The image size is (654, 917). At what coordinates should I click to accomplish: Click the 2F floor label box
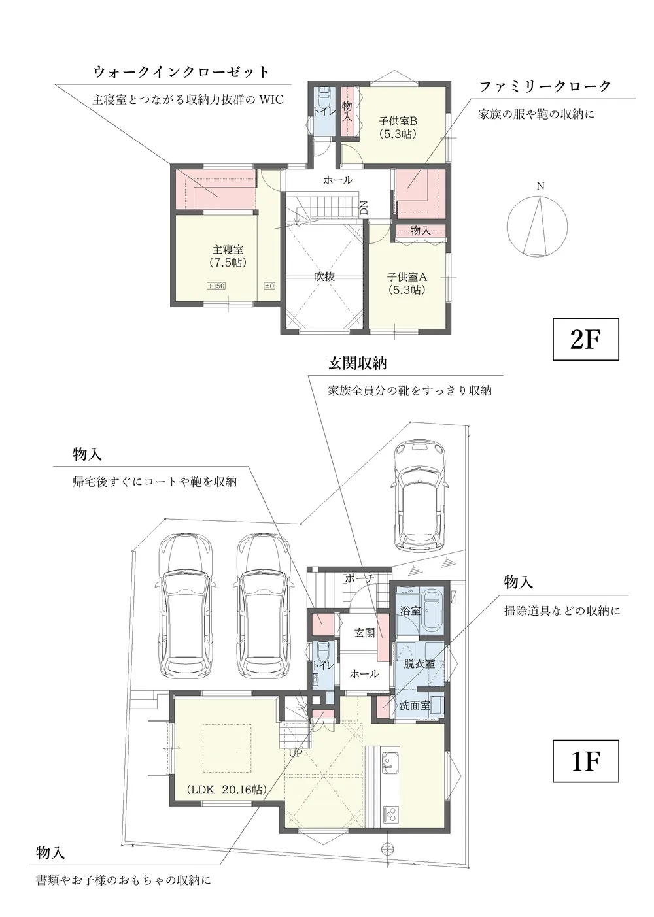click(585, 339)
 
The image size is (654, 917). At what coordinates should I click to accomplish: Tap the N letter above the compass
click(541, 186)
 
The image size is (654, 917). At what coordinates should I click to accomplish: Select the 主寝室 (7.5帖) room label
click(228, 256)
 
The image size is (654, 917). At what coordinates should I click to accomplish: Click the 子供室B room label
click(398, 127)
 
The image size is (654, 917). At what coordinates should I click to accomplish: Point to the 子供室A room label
click(407, 283)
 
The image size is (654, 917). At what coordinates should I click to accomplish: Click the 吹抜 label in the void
click(324, 276)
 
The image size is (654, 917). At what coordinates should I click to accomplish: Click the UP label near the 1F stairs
click(295, 753)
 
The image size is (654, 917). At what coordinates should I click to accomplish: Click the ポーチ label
click(359, 578)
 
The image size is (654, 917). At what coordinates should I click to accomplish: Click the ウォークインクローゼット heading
click(181, 73)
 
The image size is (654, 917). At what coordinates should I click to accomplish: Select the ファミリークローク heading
click(545, 86)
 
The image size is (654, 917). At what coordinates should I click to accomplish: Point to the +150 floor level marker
click(216, 286)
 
